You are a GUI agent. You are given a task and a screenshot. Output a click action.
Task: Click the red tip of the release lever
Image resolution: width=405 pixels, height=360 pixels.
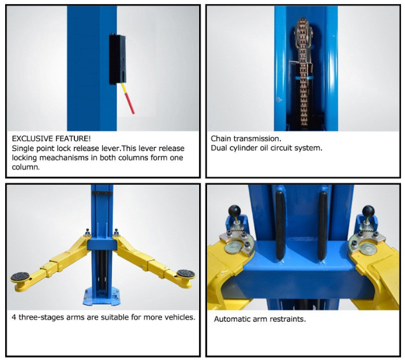coord(130,103)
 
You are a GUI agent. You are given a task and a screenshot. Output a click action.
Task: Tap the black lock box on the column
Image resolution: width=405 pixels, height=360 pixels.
coord(118,59)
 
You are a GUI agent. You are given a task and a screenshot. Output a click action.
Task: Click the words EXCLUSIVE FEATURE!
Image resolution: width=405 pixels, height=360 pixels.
coord(51,138)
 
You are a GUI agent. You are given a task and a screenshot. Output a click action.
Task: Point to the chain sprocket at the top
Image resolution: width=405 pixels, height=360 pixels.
coord(303,32)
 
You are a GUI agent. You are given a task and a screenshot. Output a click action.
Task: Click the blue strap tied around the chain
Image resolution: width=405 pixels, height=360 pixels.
coord(303,78)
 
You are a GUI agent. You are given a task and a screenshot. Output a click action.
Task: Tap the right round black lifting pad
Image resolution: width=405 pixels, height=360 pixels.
coord(186,273)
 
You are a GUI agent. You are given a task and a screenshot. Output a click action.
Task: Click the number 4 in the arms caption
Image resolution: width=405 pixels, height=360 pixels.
coord(14,317)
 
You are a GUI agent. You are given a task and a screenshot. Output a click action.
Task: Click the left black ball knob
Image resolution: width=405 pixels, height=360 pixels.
coord(235,211)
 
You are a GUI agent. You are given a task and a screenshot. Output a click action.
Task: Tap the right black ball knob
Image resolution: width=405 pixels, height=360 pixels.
coord(368,211)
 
